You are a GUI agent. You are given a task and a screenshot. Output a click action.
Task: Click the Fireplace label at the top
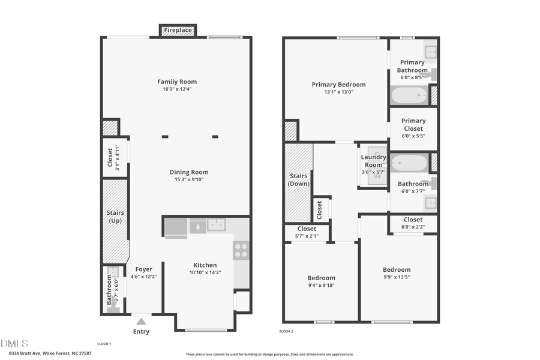tap(178, 30)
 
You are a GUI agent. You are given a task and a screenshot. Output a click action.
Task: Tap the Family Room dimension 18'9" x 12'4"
tap(177, 89)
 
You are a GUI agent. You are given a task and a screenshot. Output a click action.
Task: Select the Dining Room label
tap(189, 172)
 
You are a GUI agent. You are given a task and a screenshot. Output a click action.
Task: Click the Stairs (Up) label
tap(114, 217)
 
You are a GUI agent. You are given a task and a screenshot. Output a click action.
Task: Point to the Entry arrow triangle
tap(141, 322)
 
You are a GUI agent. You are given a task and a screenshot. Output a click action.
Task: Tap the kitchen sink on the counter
tap(216, 225)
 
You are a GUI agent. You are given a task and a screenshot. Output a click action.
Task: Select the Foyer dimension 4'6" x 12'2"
tap(144, 277)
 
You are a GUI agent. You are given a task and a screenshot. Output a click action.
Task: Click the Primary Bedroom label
tap(338, 85)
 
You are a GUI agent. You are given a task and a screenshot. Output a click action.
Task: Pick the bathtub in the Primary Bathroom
tap(409, 95)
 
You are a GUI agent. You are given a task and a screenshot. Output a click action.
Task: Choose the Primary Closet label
tap(413, 124)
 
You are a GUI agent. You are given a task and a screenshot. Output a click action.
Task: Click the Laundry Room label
tap(373, 161)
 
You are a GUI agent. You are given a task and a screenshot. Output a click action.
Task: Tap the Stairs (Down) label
tap(298, 179)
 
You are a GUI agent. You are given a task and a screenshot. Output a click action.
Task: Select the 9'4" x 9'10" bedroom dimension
tap(321, 286)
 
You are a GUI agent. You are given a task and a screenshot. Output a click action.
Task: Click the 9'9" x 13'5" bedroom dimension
tap(397, 277)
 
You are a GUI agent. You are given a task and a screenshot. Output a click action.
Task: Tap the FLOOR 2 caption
tap(286, 331)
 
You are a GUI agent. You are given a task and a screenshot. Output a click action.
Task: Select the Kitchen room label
tap(205, 265)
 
